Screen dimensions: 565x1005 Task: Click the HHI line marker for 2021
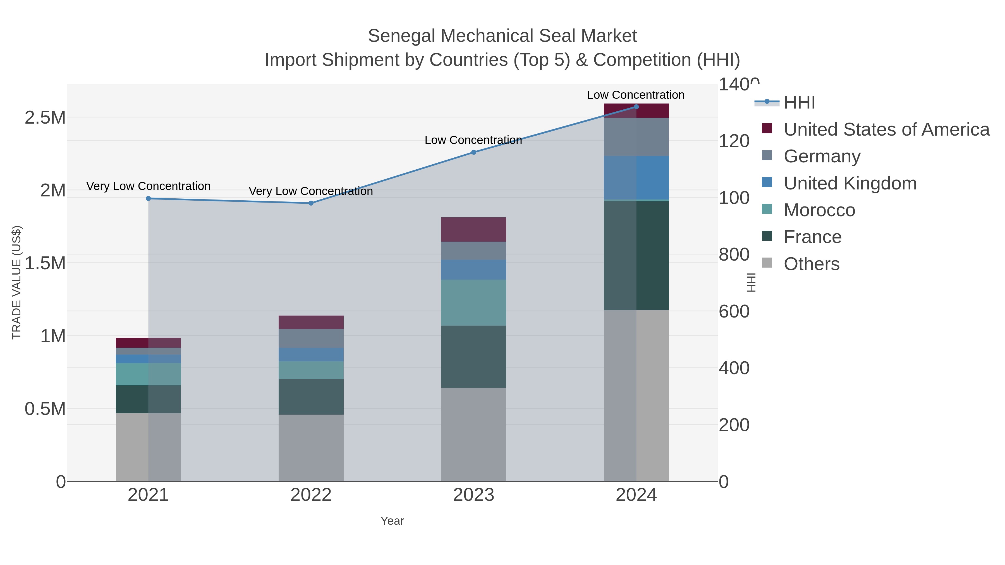pyautogui.click(x=148, y=198)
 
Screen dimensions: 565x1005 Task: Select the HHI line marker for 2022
pyautogui.click(x=311, y=203)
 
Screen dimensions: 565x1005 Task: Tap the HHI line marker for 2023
pyautogui.click(x=474, y=152)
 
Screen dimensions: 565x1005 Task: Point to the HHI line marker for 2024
pyautogui.click(x=636, y=107)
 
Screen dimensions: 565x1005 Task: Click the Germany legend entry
pyautogui.click(x=822, y=156)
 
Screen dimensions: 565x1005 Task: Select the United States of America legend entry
pyautogui.click(x=886, y=129)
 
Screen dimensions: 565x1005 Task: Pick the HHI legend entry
pyautogui.click(x=799, y=103)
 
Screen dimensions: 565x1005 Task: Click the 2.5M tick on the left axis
pyautogui.click(x=45, y=118)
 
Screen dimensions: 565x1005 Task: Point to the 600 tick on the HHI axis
pyautogui.click(x=734, y=312)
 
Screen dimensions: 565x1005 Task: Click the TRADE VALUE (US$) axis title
pyautogui.click(x=17, y=282)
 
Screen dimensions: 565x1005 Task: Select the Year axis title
pyautogui.click(x=392, y=521)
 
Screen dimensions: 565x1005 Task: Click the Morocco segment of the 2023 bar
pyautogui.click(x=474, y=302)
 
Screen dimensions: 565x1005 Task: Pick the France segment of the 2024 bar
pyautogui.click(x=636, y=256)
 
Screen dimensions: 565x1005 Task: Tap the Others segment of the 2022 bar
pyautogui.click(x=311, y=448)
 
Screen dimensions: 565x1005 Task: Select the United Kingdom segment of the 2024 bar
pyautogui.click(x=636, y=178)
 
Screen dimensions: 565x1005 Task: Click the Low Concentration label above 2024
pyautogui.click(x=636, y=95)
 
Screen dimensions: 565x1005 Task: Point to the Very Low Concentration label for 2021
pyautogui.click(x=148, y=186)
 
